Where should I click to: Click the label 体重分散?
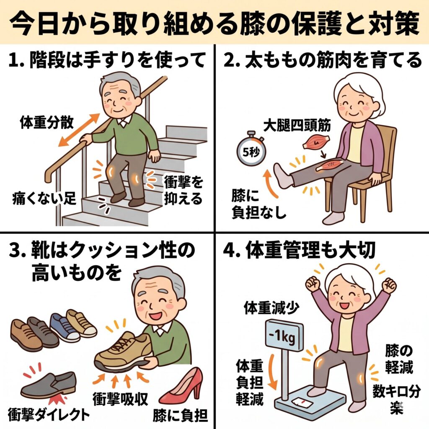(x=47, y=122)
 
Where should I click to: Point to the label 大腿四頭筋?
(x=297, y=125)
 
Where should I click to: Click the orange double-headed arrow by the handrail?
(x=79, y=130)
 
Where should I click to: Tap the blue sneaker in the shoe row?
(x=65, y=327)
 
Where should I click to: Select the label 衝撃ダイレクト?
(x=49, y=414)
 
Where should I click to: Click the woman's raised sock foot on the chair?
(x=283, y=176)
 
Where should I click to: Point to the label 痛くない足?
(x=44, y=198)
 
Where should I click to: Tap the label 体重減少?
(x=271, y=308)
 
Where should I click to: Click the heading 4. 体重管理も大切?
(x=299, y=250)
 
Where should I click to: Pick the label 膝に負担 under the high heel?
(x=180, y=416)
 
